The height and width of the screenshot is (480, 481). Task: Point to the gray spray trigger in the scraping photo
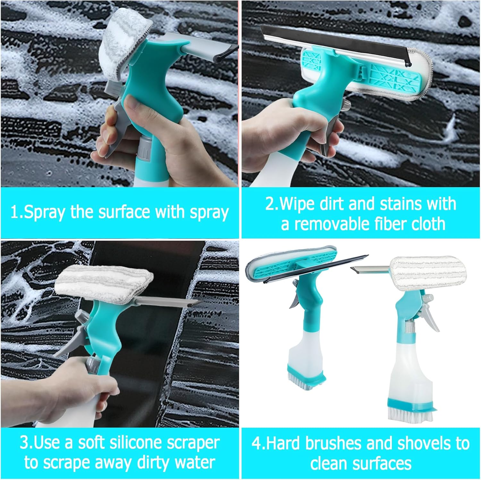click(69, 340)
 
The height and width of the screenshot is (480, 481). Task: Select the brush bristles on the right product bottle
click(403, 414)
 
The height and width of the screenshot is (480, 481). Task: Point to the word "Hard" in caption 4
click(282, 443)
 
